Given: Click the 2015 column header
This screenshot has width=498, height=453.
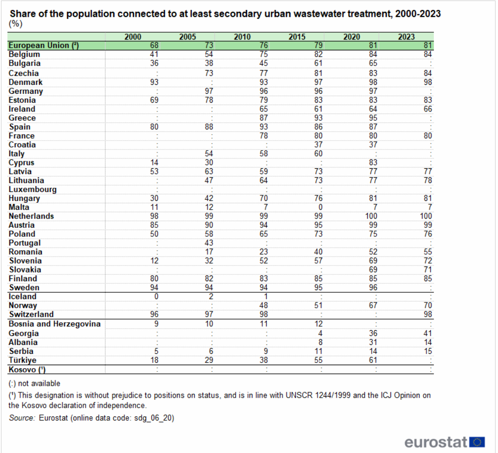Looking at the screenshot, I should pyautogui.click(x=297, y=37).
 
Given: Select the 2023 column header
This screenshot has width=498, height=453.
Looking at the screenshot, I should pyautogui.click(x=407, y=37).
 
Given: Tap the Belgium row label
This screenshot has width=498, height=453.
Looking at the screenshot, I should pyautogui.click(x=24, y=54).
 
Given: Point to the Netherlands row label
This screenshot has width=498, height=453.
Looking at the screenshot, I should pyautogui.click(x=31, y=216).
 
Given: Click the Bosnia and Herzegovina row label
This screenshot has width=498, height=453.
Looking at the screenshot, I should pyautogui.click(x=55, y=324).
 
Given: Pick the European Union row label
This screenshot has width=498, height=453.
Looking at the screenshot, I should pyautogui.click(x=44, y=45).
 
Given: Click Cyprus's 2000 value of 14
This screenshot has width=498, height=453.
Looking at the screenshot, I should pyautogui.click(x=154, y=162).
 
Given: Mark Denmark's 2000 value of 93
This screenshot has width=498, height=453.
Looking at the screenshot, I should pyautogui.click(x=154, y=82).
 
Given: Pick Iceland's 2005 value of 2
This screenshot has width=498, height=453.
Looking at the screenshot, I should pyautogui.click(x=211, y=297).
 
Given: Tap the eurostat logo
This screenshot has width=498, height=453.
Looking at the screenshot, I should pyautogui.click(x=444, y=442).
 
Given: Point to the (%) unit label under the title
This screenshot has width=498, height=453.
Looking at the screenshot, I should pyautogui.click(x=16, y=24).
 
